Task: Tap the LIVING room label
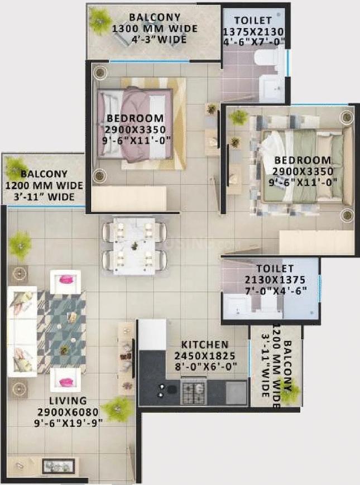[x=67, y=401]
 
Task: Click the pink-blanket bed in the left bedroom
[x=135, y=124]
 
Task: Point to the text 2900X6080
[x=67, y=412]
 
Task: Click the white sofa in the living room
[x=22, y=332]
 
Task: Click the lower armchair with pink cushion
[x=65, y=381]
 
